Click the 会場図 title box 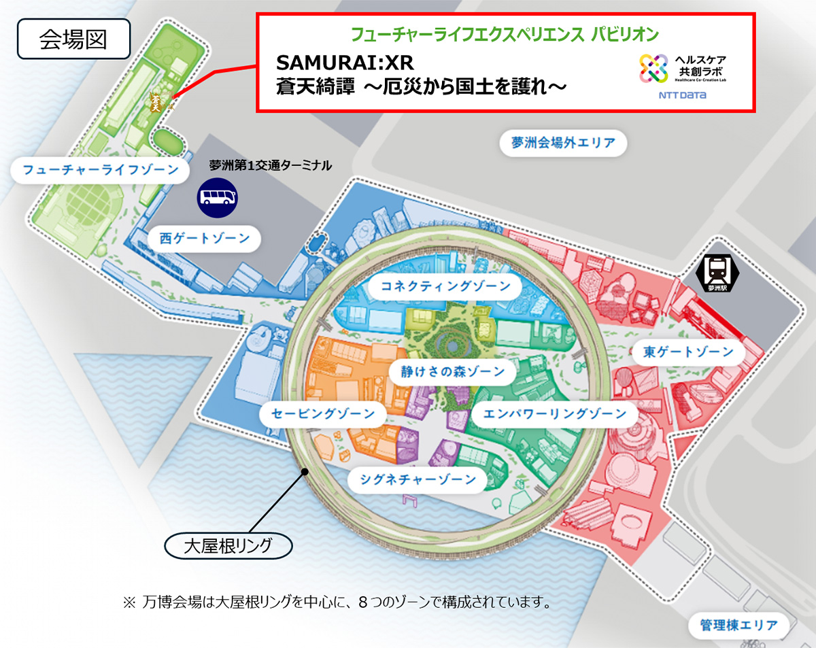73,40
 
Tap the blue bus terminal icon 218,197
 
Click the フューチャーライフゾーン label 100,169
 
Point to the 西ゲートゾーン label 205,239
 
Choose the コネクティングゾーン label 445,286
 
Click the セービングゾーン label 322,413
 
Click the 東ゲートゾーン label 688,352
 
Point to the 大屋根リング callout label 228,545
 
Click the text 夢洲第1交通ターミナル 270,165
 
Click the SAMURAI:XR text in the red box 345,64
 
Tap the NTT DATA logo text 682,95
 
